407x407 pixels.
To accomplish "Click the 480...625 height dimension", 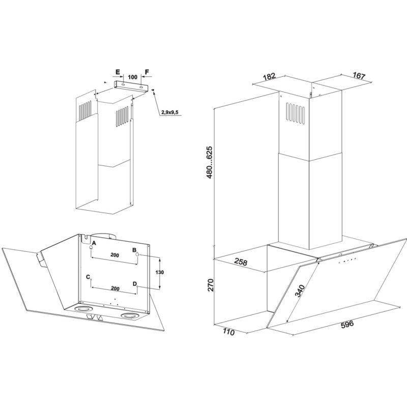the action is pos(210,162).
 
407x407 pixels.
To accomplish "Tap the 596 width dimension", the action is pos(347,325).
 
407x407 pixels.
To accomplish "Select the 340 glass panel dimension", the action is pos(300,290).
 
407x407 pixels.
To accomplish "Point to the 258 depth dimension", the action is pos(241,261).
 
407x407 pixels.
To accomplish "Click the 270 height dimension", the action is pos(210,285).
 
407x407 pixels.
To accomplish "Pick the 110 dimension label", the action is pos(228,332).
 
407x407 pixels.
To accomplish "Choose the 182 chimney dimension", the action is pos(269,77).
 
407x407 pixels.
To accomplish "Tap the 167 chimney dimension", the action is pos(359,75).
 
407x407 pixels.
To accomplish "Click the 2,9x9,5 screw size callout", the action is pos(170,112).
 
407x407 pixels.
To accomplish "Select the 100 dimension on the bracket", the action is pos(132,77).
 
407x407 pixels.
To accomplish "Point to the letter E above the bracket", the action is pos(118,72).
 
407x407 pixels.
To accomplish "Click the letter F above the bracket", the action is pos(147,72).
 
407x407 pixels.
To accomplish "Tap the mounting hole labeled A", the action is pos(91,247).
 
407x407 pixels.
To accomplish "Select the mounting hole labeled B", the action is pos(137,255).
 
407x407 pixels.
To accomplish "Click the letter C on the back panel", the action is pos(88,277).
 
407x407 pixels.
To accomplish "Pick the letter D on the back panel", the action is pos(134,284).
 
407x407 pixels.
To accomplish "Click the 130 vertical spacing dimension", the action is pos(160,272).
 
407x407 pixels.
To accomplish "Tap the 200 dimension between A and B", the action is pos(114,255).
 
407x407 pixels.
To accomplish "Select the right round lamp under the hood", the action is pos(128,315).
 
